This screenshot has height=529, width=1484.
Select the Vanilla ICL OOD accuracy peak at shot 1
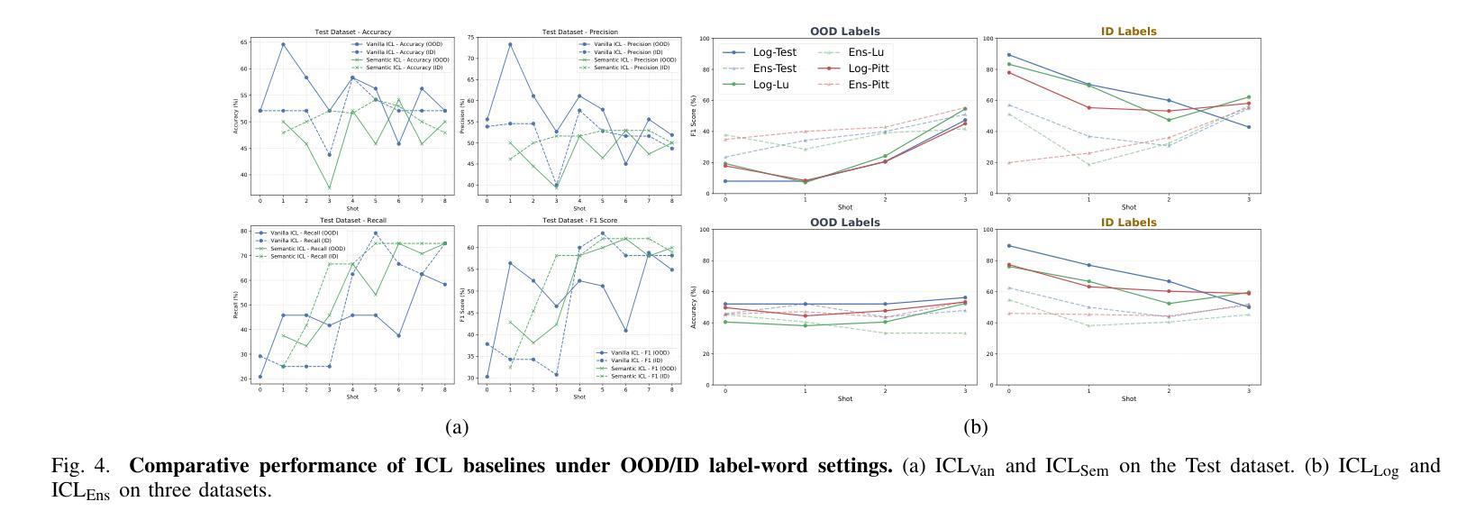pos(283,44)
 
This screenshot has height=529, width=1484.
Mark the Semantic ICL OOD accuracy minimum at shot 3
pos(329,188)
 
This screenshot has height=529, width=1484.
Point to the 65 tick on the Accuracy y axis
pos(244,42)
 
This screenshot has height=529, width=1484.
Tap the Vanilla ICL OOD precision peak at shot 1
pos(510,44)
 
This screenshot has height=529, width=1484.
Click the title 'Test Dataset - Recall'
pos(352,221)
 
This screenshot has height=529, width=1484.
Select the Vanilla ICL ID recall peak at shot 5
pos(375,233)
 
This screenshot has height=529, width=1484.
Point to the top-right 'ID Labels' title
pos(1128,32)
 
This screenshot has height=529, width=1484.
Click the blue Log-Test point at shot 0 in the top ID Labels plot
pos(1008,55)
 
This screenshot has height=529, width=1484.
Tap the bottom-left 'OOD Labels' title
pos(844,223)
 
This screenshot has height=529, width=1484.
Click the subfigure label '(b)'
pos(975,427)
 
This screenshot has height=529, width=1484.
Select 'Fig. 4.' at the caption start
pos(80,466)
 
